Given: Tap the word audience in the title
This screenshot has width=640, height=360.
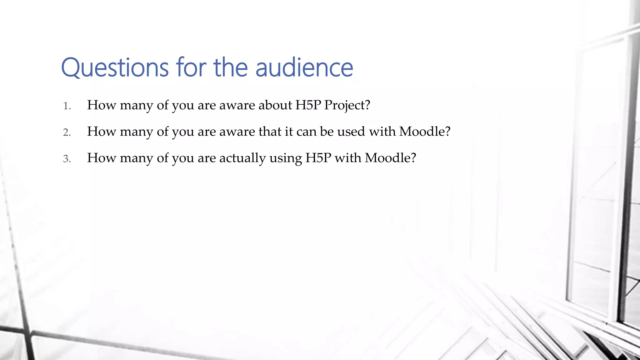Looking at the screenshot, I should [x=304, y=68].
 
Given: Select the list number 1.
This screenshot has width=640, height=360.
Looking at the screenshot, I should [x=67, y=106].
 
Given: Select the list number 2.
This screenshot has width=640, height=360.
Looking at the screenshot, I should [x=67, y=132].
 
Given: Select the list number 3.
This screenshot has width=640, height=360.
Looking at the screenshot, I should [x=67, y=159].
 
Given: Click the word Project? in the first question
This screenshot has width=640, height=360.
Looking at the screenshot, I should [x=347, y=105].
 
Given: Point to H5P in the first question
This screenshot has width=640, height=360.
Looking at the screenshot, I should [x=308, y=105].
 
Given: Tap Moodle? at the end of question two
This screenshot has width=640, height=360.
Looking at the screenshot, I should [x=425, y=132].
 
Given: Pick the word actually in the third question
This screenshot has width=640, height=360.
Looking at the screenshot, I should [x=242, y=158].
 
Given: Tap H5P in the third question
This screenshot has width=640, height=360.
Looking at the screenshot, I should [x=318, y=158].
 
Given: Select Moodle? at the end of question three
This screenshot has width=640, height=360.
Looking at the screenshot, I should [x=390, y=158].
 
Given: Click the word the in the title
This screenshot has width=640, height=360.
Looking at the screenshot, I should [x=231, y=68].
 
